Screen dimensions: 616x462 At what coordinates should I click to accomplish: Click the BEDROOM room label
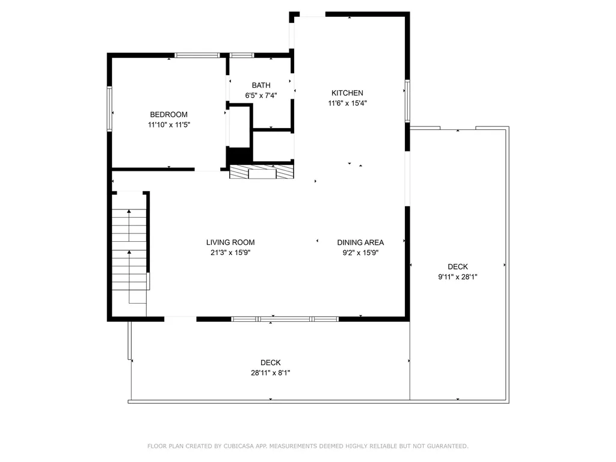(x=168, y=115)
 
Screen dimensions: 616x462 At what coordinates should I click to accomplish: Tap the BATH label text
(x=261, y=85)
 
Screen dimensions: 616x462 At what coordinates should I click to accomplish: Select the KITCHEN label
(x=347, y=93)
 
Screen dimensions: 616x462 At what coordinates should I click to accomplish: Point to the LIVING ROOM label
(x=230, y=242)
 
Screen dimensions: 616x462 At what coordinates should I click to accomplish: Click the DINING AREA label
(x=361, y=242)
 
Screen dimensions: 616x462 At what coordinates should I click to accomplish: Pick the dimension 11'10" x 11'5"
(x=169, y=125)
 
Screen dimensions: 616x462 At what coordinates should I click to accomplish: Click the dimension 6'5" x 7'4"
(x=261, y=96)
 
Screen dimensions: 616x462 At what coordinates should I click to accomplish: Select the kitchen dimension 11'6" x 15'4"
(x=348, y=103)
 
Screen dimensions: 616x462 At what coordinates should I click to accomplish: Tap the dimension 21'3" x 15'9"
(x=230, y=253)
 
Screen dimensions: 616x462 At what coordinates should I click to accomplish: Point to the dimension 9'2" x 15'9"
(x=361, y=253)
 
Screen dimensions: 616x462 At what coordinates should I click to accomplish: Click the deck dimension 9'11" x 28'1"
(x=458, y=277)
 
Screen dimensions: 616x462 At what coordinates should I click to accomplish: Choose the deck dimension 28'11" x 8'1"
(x=271, y=373)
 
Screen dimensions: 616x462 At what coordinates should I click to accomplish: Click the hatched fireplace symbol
(x=262, y=171)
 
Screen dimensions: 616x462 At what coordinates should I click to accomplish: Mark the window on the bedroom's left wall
(x=109, y=109)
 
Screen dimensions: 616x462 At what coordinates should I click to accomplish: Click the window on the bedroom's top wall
(x=197, y=55)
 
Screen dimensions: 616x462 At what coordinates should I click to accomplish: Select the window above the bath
(x=242, y=55)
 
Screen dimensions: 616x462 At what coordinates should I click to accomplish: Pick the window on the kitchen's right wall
(x=407, y=101)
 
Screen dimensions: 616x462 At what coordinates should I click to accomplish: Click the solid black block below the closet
(x=239, y=156)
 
